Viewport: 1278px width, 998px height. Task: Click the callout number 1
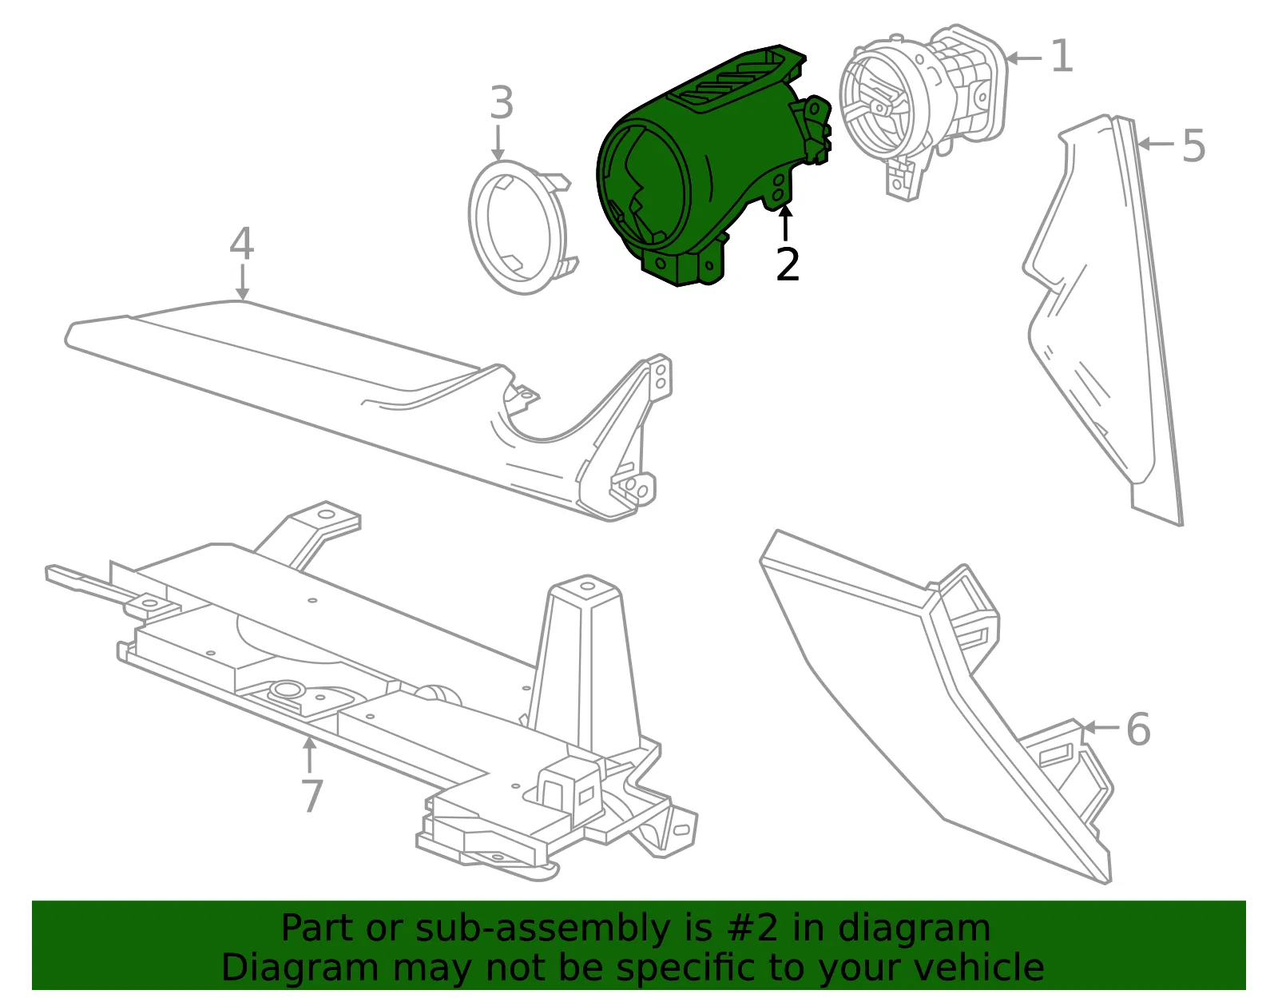point(1062,57)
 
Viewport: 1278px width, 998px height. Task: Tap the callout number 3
point(502,102)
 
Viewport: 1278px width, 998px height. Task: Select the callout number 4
point(242,244)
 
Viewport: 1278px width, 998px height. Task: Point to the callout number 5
point(1194,145)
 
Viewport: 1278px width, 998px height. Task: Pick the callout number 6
point(1138,729)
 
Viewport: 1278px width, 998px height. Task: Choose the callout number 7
point(312,795)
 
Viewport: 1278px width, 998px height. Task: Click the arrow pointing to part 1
point(1024,58)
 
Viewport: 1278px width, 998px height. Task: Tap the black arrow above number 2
point(785,224)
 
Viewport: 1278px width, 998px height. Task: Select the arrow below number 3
point(498,141)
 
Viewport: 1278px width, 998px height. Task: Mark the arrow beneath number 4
point(242,282)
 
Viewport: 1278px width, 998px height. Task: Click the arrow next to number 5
point(1157,144)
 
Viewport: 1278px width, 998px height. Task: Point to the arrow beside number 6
point(1101,727)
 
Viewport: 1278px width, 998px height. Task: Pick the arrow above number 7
point(309,754)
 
